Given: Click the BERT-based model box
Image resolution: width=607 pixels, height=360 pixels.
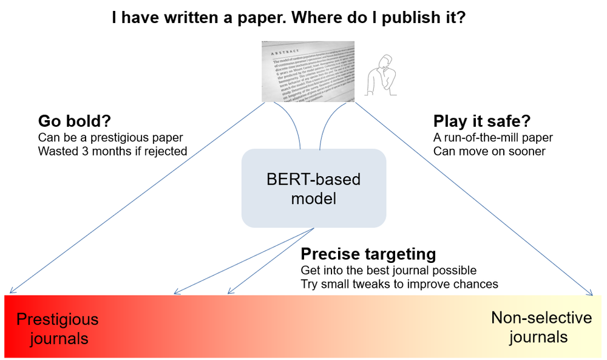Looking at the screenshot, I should click(x=314, y=189).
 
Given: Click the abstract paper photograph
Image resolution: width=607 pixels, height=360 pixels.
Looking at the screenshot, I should click(x=308, y=71).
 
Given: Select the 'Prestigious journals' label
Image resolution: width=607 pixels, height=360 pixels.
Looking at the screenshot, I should click(x=57, y=328).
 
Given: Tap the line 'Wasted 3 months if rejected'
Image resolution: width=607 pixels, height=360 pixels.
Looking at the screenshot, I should click(x=112, y=151).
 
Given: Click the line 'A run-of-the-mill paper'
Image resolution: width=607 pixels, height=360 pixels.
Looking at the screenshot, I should click(x=493, y=137).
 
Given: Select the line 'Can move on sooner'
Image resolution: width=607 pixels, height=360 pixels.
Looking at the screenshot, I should click(x=489, y=151).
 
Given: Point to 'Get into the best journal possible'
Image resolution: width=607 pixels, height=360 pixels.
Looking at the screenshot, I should click(x=388, y=270).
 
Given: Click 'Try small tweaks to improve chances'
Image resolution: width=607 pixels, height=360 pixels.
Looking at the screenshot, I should click(x=399, y=284).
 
